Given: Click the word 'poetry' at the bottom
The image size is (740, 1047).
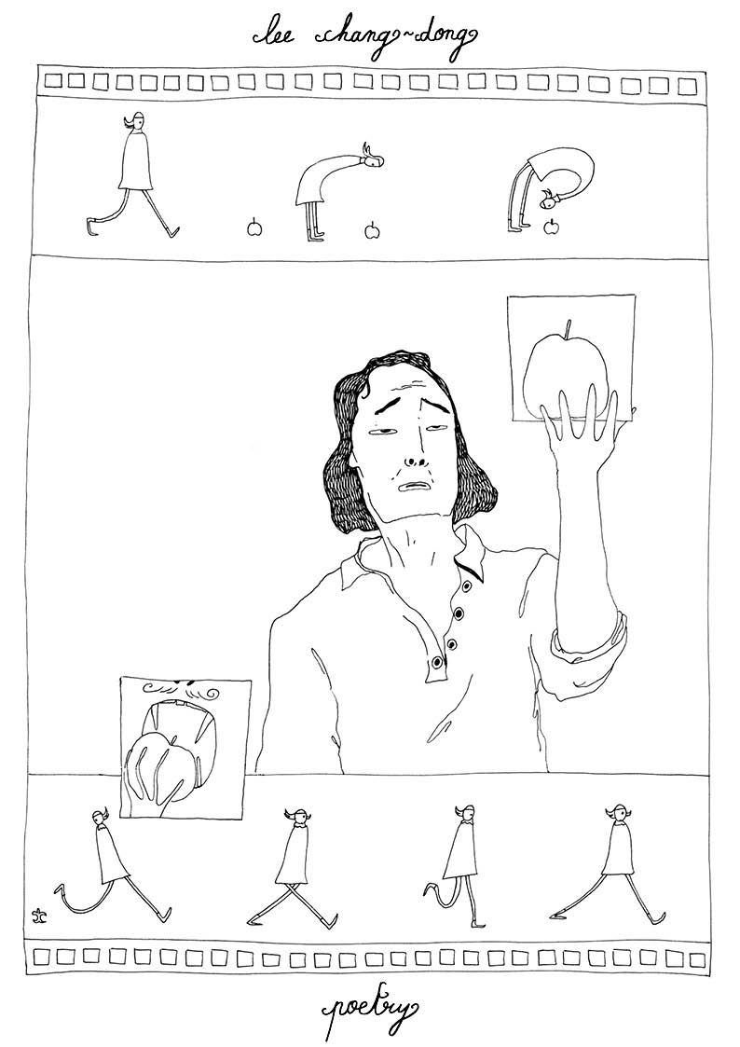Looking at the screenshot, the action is click(x=370, y=1015).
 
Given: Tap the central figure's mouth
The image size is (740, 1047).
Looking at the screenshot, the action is click(x=415, y=486).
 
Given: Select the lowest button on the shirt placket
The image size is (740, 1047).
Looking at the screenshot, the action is click(x=437, y=661).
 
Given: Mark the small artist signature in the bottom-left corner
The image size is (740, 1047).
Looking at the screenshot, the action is click(x=45, y=911).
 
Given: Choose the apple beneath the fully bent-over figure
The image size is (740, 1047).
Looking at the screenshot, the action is click(x=551, y=227).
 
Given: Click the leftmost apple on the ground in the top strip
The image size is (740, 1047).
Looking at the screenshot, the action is click(x=254, y=229).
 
